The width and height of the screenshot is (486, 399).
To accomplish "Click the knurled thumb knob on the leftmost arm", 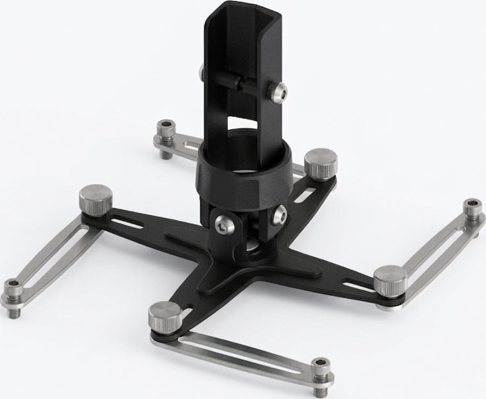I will [96, 198].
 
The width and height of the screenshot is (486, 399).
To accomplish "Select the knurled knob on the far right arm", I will [390, 278].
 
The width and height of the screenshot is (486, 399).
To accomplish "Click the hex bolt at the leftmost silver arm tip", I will [13, 288].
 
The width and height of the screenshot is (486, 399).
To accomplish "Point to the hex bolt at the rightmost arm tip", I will [472, 207].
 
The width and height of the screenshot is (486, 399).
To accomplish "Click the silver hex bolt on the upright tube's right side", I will [277, 92].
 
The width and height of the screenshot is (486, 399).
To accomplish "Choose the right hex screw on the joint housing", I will [279, 215].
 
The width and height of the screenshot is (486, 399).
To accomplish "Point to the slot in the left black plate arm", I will [134, 222].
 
